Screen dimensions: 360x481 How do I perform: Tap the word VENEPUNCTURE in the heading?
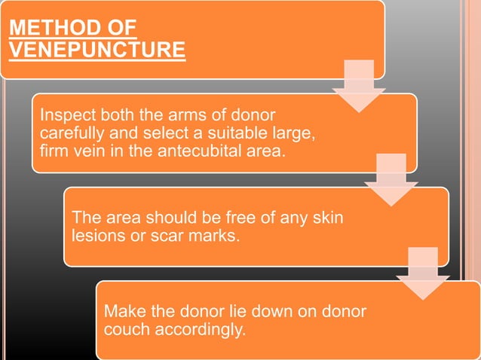click(x=97, y=50)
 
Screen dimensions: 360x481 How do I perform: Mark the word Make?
click(x=123, y=311)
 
